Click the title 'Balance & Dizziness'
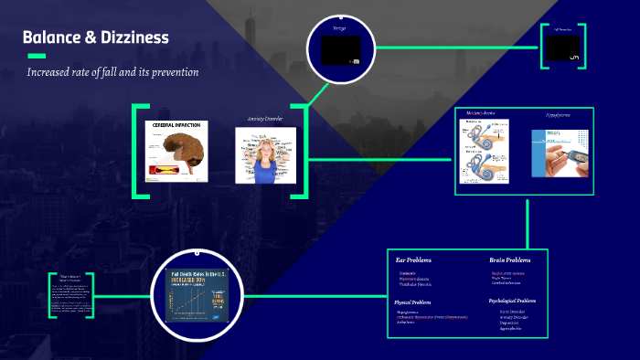coord(96,38)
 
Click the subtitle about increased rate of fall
coord(113,71)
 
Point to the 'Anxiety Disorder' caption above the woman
coord(265,119)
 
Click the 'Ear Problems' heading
coord(413,260)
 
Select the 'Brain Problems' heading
coord(509,260)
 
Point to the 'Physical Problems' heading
coord(413,301)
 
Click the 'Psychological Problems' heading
coord(513,300)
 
